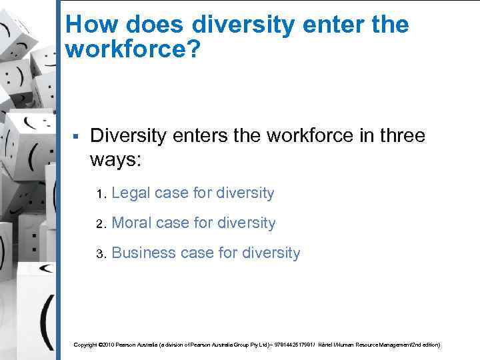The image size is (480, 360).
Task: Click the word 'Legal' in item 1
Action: [x=131, y=193]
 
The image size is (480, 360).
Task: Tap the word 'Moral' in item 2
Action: [x=131, y=223]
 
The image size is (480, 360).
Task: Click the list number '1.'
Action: [x=101, y=195]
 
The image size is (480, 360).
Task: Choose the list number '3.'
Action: [x=101, y=254]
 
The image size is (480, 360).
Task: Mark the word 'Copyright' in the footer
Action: [x=85, y=345]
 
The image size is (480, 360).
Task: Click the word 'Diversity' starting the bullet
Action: [x=127, y=135]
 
